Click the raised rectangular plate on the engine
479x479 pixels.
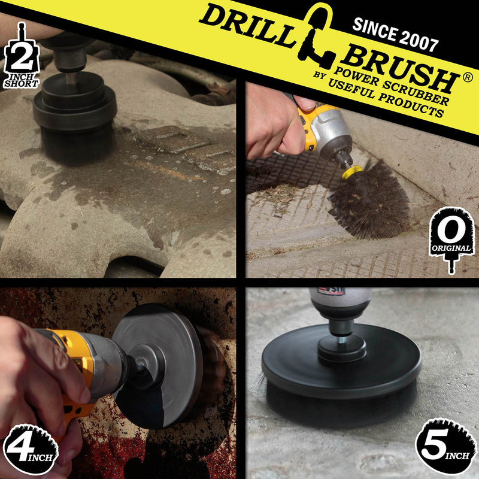click(174, 140)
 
